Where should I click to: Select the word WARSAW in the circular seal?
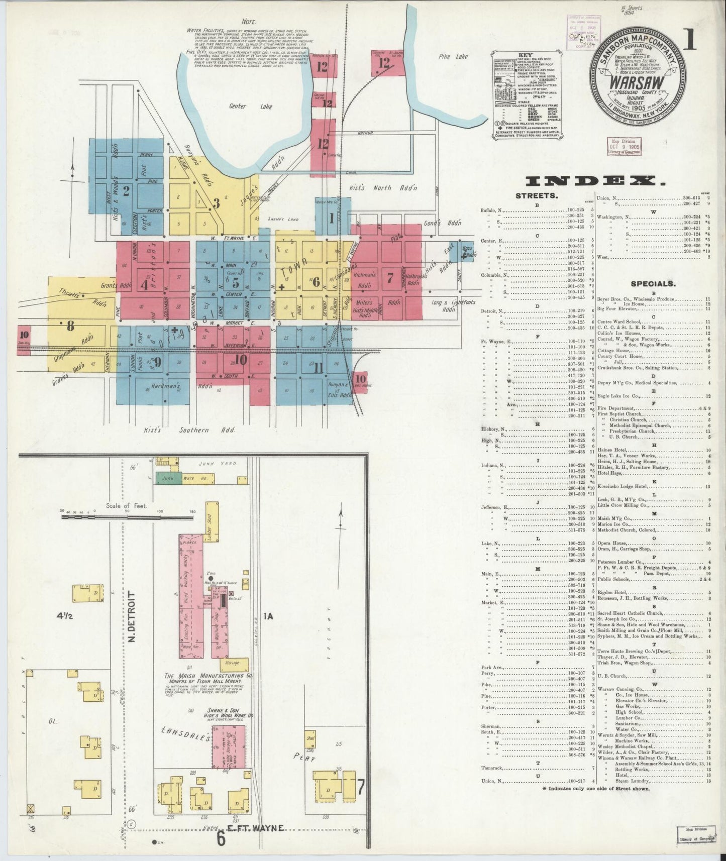coord(637,81)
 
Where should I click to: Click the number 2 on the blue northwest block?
coord(127,190)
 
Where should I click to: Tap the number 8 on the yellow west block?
coord(70,326)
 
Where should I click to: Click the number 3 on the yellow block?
coord(217,203)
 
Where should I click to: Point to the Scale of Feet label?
coord(126,506)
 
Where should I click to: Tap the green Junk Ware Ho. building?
coord(168,479)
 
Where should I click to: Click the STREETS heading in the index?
coord(536,196)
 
